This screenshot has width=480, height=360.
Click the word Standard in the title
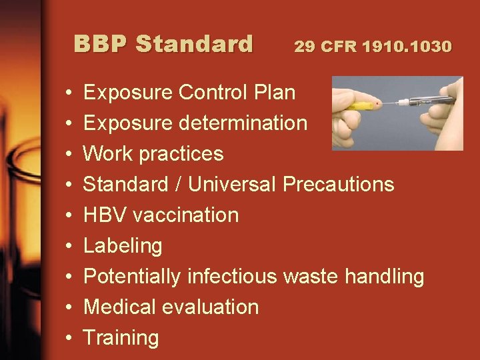pos(194,44)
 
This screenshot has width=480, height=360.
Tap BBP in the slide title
pos(101,44)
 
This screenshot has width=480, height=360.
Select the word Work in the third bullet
pos(107,153)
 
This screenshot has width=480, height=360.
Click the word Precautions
pos(339,184)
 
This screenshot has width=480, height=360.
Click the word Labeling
pos(123,246)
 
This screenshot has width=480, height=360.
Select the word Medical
pos(119,307)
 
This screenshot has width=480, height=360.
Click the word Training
pos(121,338)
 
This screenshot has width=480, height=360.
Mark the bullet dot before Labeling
pos(70,246)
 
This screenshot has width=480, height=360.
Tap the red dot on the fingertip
pos(379,105)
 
